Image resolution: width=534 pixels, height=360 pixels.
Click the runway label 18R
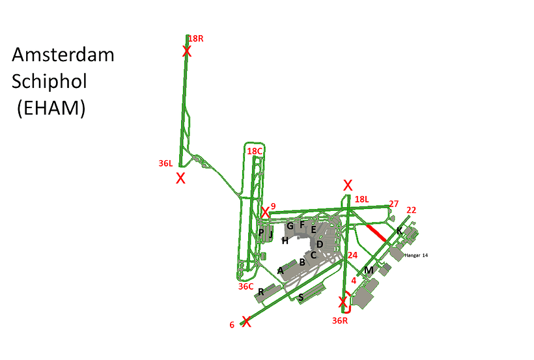(196, 39)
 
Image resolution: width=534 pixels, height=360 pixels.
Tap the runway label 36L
(165, 163)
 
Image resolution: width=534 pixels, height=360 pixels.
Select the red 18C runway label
(255, 151)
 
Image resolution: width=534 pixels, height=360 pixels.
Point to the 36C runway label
(246, 286)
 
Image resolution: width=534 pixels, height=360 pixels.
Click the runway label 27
(394, 204)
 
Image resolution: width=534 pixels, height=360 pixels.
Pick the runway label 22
(412, 210)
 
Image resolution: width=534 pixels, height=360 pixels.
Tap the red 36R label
(340, 320)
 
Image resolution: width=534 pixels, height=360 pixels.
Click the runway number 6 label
(232, 325)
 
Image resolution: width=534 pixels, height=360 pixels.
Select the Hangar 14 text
(416, 255)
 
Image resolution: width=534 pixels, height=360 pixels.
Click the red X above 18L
(348, 186)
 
